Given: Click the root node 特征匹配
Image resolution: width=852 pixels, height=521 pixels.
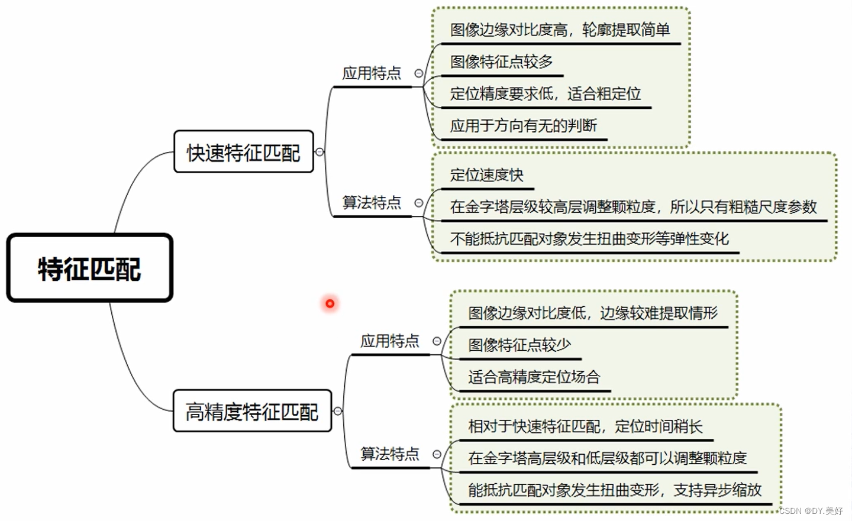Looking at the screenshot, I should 89,268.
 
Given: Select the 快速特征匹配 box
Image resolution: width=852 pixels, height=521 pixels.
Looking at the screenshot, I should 243,152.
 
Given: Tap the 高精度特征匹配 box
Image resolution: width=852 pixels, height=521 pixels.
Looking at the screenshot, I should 252,411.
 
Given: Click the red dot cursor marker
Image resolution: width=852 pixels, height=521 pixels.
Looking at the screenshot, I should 330,303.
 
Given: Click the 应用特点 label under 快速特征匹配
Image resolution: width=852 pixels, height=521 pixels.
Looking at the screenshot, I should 372,73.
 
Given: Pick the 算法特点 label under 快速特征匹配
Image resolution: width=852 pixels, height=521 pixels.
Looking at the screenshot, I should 372,203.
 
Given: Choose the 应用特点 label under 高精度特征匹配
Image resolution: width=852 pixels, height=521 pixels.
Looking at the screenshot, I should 390,341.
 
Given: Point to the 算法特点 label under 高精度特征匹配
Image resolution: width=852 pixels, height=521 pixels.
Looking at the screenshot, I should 390,454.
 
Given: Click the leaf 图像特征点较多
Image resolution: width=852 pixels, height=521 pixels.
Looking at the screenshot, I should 501,62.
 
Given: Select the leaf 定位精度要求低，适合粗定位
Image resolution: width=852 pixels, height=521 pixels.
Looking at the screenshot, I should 545,93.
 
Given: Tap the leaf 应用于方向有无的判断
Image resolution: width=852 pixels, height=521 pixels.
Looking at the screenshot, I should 523,125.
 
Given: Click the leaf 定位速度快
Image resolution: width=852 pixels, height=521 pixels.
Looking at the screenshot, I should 486,175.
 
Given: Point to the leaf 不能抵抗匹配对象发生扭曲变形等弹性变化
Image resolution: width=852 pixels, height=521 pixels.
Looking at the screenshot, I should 589,239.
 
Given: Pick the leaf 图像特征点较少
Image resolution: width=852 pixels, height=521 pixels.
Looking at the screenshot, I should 519,345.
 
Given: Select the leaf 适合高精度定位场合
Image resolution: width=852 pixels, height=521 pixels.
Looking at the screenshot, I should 534,377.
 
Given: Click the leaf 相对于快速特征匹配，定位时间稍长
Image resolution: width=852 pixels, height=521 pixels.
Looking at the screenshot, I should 585,426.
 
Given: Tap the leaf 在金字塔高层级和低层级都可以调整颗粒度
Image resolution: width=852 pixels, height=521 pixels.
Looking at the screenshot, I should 607,458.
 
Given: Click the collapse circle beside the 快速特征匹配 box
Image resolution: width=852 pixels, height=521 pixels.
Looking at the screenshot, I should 319,152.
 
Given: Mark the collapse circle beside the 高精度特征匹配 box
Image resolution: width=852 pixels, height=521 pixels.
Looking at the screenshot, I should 338,411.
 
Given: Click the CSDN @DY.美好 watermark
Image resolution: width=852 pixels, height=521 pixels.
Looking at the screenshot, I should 811,511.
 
